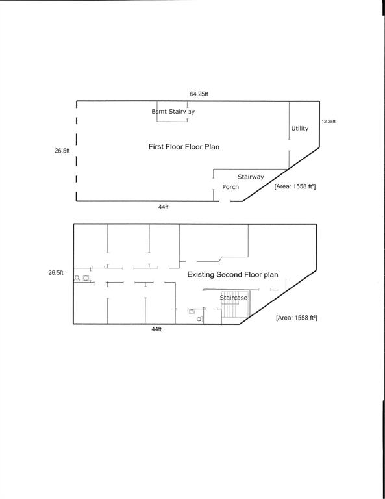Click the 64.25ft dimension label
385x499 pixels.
[199, 94]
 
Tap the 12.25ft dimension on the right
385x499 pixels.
[329, 122]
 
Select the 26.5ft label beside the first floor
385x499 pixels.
[62, 151]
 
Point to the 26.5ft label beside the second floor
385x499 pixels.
[56, 273]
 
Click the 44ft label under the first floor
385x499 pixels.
[163, 207]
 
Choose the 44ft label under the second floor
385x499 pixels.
[156, 330]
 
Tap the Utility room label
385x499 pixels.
[299, 129]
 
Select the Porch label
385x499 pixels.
[230, 187]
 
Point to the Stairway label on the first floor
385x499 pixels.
[251, 177]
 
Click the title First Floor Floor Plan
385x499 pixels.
[184, 147]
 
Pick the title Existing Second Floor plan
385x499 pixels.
[232, 275]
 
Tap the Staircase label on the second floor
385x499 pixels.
[233, 297]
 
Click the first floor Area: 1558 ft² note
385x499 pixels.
[295, 186]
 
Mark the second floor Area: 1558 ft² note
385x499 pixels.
[296, 318]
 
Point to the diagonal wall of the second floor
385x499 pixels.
[279, 296]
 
